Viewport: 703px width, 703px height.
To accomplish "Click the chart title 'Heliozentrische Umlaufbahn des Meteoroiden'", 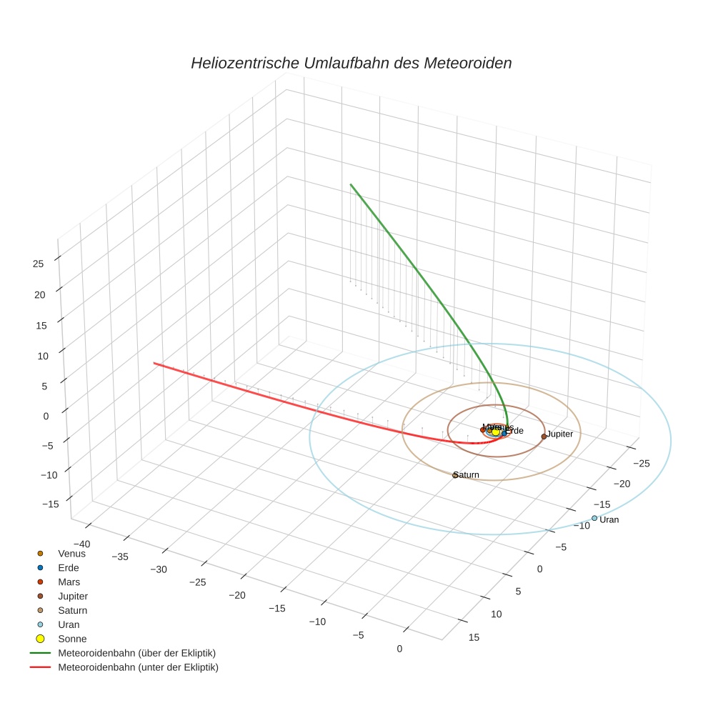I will (x=351, y=64).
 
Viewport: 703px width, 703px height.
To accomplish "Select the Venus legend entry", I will (x=71, y=554).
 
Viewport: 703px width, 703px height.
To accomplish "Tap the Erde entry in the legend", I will (x=68, y=568).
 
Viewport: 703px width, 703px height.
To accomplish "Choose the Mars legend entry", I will (x=69, y=582).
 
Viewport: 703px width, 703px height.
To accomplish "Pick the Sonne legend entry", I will (x=72, y=639).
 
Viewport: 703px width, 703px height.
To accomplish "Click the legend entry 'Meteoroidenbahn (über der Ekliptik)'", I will (x=136, y=653).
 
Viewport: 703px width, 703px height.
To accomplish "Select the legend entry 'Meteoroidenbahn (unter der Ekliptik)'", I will (x=138, y=667).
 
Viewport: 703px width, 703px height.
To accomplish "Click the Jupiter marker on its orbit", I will (x=544, y=436).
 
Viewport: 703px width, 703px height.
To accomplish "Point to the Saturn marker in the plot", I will (x=455, y=475).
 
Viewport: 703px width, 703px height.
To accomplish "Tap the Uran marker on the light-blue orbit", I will (x=594, y=518).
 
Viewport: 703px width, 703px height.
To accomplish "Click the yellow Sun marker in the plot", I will (x=496, y=432).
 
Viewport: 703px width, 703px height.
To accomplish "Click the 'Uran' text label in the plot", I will (x=609, y=520).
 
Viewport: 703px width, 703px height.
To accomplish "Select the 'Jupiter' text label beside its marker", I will (x=560, y=434).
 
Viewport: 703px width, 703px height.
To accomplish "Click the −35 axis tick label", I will (x=120, y=557).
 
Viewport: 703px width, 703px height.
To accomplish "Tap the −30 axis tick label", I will (x=158, y=569).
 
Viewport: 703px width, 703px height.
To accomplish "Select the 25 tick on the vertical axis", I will (x=38, y=264).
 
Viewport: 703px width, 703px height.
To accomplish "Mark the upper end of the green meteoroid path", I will (x=350, y=184).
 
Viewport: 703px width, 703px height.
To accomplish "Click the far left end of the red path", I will (x=154, y=364).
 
